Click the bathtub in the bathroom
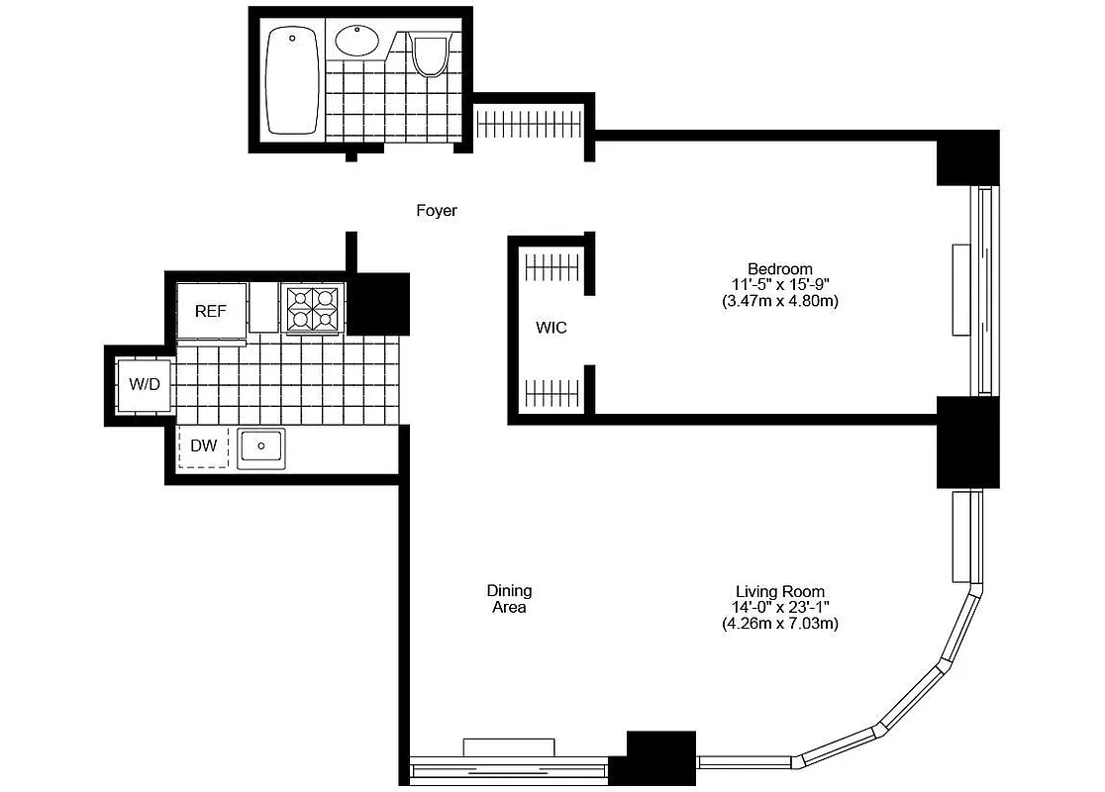point(294,82)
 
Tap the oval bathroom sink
point(356,42)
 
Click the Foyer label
point(436,211)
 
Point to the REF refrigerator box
point(210,311)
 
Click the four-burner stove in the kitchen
point(312,308)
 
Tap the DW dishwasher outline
point(203,446)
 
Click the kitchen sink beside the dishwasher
point(261,447)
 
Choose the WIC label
point(552,328)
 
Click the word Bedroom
point(779,268)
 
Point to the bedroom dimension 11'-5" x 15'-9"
point(779,284)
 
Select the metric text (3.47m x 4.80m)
point(779,301)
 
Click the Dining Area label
point(509,599)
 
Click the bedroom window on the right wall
point(983,290)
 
